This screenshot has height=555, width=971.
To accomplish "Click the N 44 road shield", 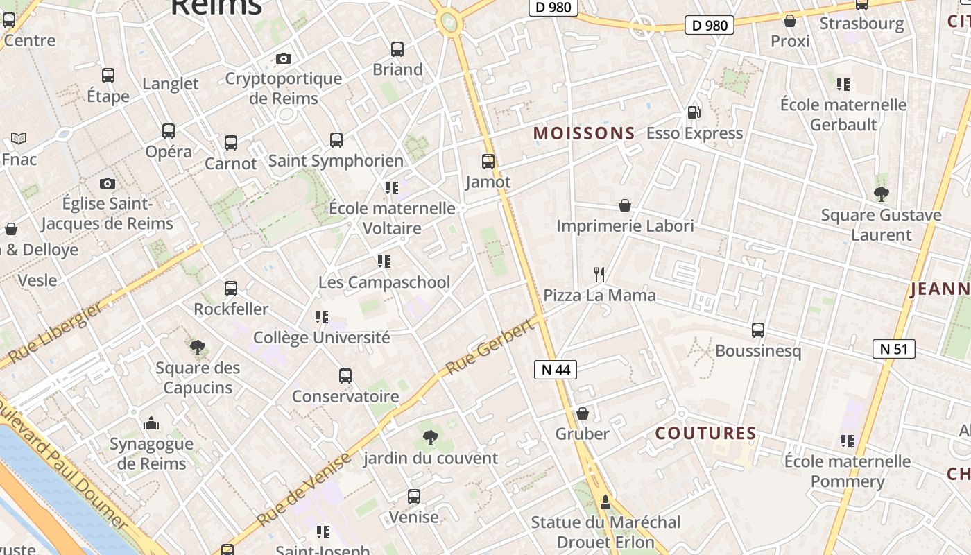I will point(556,370).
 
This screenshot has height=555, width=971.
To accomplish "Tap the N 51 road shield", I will point(893,349).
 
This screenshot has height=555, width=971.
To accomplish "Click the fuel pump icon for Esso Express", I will point(693,112).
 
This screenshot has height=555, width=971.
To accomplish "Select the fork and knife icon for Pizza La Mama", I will point(599,275).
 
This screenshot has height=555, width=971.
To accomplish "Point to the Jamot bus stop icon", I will point(488,162).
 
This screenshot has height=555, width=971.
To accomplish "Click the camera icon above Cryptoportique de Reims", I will point(283,58).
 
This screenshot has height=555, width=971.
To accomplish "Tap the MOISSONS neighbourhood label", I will point(584,133).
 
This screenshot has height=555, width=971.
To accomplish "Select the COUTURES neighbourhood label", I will point(706,434).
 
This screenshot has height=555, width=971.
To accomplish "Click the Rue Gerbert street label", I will point(492,346).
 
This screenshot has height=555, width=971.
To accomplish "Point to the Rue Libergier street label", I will point(55,335).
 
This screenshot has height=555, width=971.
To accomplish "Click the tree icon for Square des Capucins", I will point(198,347).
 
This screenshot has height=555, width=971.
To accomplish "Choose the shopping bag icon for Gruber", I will point(583,413).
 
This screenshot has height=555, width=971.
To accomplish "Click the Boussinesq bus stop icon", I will point(758,330).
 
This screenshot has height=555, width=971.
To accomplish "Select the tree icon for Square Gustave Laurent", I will point(881,194).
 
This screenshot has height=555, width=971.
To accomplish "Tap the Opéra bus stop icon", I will point(169,130).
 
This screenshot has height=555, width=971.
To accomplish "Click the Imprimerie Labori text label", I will point(625,226).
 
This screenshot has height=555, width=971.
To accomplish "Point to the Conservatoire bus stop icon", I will point(345,376).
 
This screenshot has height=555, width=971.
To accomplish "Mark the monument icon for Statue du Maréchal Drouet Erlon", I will point(605,502).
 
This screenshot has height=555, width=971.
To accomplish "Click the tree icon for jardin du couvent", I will point(430,438).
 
